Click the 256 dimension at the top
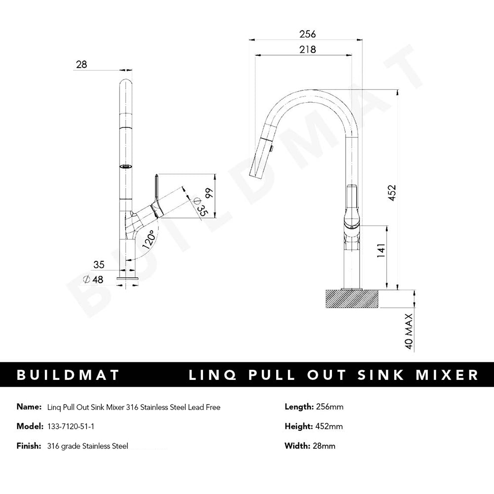307,34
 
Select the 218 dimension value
307,49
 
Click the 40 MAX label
409,331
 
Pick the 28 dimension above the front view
82,64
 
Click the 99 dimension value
209,193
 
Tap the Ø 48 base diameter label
93,279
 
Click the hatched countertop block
352,298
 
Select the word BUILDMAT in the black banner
68,375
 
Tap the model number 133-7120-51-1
66,426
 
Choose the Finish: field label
29,446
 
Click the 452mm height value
329,426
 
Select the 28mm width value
324,446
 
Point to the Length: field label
299,407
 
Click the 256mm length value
329,407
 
